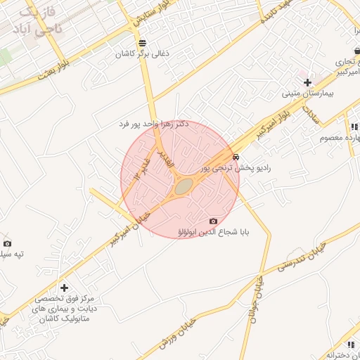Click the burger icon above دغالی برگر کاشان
point(132,41)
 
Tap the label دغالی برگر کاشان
point(133,53)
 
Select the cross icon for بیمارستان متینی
point(307,82)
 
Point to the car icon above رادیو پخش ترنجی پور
point(236,157)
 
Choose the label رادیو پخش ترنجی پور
point(235,169)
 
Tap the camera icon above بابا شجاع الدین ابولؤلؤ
point(214,221)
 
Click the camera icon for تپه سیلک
point(7,243)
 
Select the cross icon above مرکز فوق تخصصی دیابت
point(64,287)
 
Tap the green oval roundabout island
point(184,187)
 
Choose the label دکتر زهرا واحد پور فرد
point(154,124)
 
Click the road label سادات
point(309,112)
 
